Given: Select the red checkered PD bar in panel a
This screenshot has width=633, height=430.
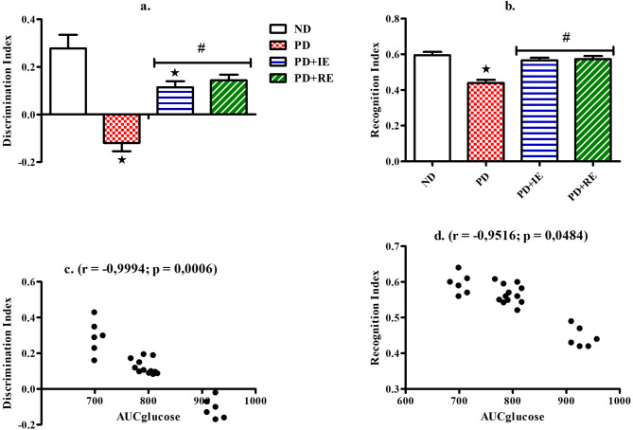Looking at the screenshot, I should pyautogui.click(x=122, y=129).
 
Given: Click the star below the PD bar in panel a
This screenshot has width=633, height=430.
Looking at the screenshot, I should pyautogui.click(x=122, y=159).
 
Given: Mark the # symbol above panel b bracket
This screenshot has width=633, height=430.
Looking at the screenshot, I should pyautogui.click(x=564, y=38).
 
